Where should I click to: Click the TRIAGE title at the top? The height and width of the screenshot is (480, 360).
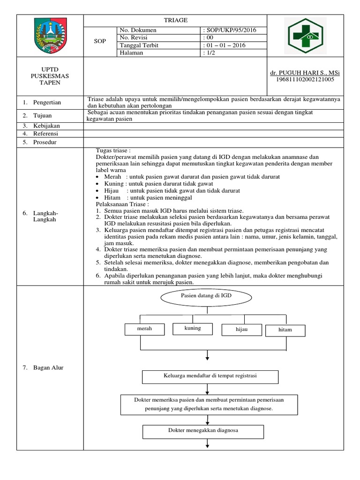pyautogui.click(x=175, y=20)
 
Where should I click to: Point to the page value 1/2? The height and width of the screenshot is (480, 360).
pyautogui.click(x=210, y=53)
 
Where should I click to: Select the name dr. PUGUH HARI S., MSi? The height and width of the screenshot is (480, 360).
pyautogui.click(x=305, y=73)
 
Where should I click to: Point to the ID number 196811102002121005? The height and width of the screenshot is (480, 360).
pyautogui.click(x=305, y=80)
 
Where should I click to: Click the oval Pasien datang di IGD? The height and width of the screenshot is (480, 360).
pyautogui.click(x=206, y=298)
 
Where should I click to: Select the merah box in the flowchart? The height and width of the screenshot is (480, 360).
pyautogui.click(x=144, y=329)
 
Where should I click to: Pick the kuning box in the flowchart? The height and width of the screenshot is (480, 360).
pyautogui.click(x=193, y=328)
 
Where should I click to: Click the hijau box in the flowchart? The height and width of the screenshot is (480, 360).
pyautogui.click(x=241, y=330)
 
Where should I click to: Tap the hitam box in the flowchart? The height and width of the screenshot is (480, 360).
pyautogui.click(x=285, y=330)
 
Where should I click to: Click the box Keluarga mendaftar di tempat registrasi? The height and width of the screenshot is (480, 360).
pyautogui.click(x=210, y=376)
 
